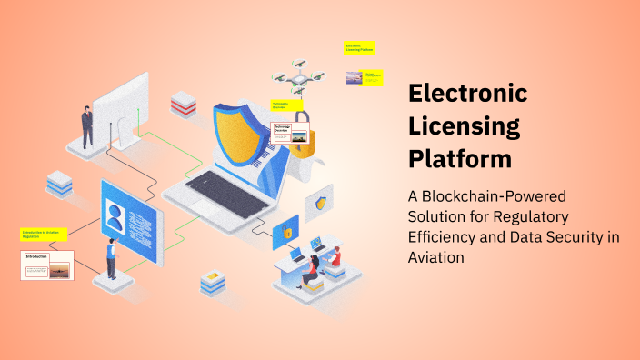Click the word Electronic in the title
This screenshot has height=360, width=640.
point(468,94)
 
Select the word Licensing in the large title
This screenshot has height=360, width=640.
point(464,126)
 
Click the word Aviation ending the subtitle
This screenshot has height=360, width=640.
point(436,258)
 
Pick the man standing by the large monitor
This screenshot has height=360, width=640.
point(87,127)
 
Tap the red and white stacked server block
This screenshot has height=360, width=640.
point(183,104)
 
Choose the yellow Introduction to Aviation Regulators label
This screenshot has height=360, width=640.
point(45,235)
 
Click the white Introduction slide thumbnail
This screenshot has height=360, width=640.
point(46,265)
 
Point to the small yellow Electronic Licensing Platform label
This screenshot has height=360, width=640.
point(360,47)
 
